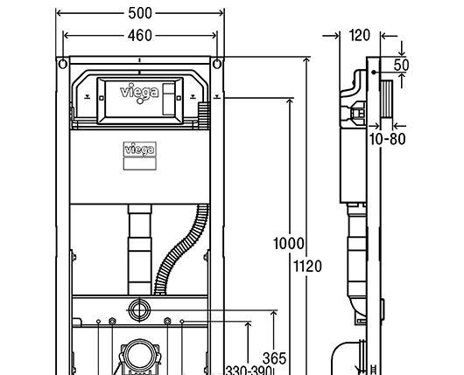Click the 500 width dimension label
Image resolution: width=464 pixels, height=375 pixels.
[x=140, y=13]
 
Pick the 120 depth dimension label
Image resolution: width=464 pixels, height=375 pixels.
[x=360, y=36]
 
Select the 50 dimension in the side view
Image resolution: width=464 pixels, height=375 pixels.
[x=402, y=66]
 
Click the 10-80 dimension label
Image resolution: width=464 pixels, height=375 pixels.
[x=387, y=138]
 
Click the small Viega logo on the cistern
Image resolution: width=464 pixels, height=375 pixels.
[x=137, y=150]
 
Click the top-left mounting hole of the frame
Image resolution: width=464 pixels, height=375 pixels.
[x=62, y=65]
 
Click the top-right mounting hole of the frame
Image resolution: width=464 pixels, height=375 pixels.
[x=215, y=65]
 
